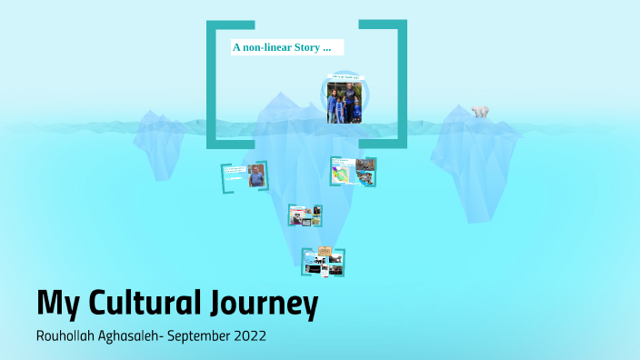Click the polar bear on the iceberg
tap(480, 112)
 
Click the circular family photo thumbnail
tap(345, 101)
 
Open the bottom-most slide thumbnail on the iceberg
tap(324, 262)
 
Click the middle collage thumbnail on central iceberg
tap(305, 215)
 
